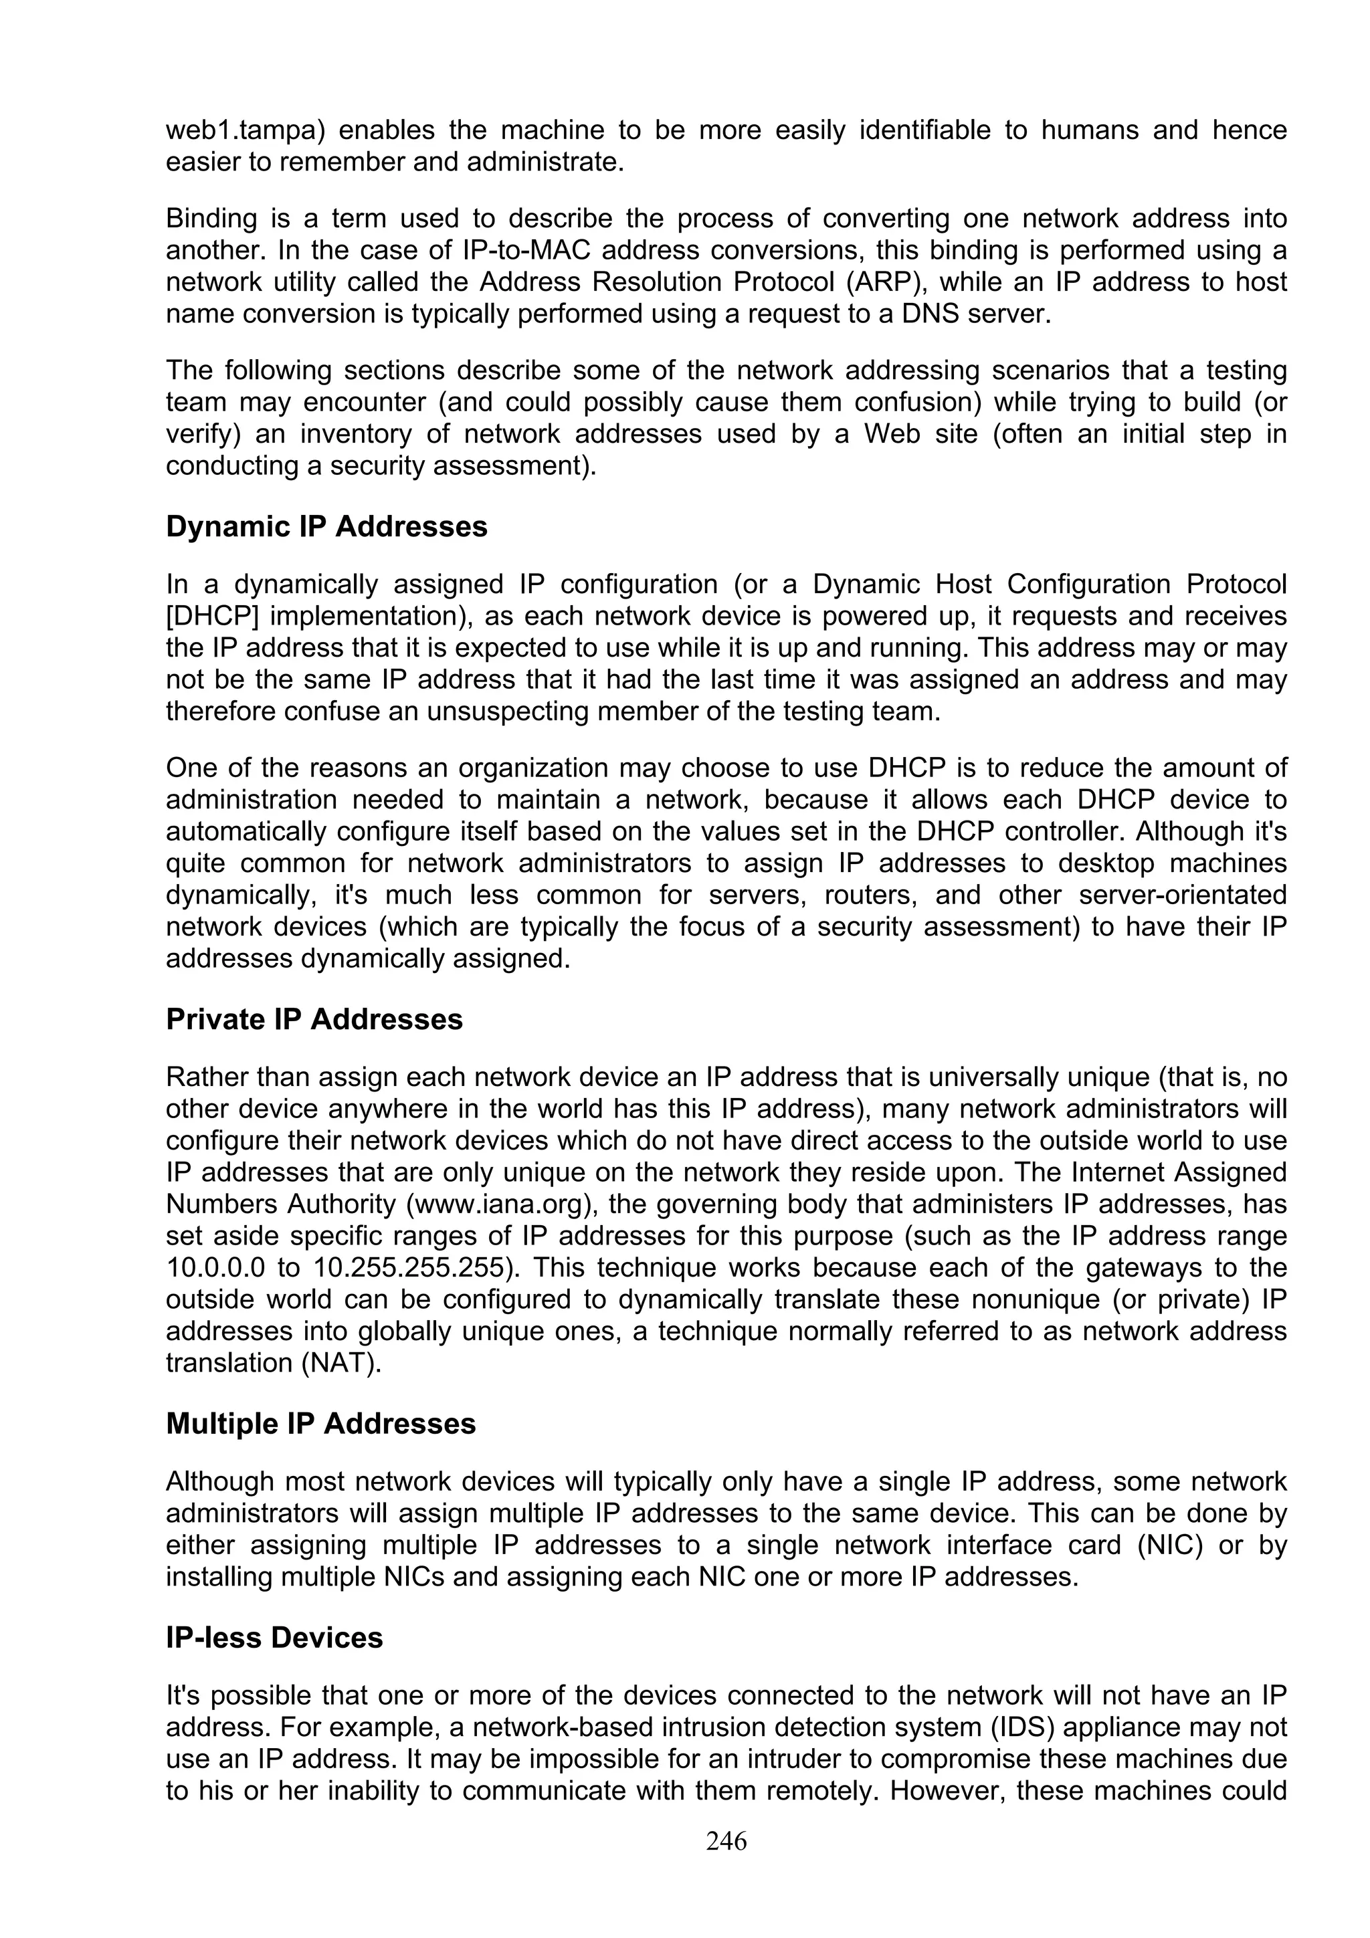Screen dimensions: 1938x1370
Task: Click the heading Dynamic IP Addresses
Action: click(326, 527)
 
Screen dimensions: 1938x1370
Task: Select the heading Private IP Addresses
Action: click(314, 1020)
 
